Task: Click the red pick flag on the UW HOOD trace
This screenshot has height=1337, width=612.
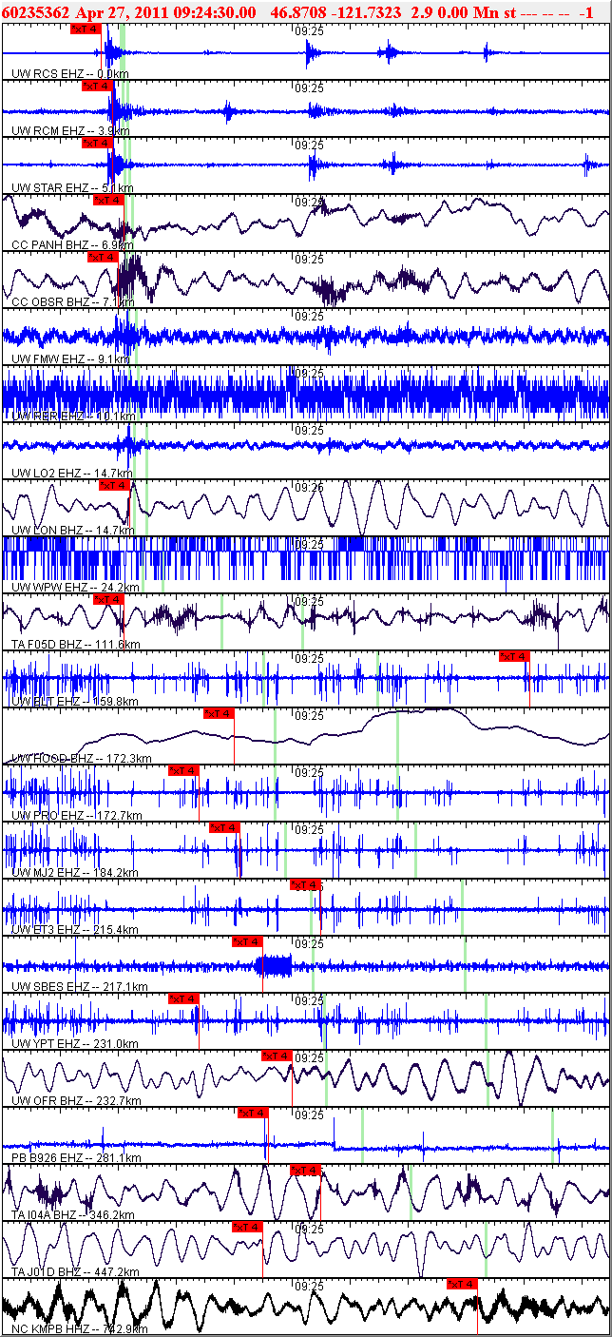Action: coord(220,713)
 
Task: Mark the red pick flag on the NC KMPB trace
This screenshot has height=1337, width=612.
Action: coord(462,1284)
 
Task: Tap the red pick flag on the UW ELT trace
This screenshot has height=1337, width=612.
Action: coord(514,656)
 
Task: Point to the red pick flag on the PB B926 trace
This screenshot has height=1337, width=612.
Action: coord(253,1113)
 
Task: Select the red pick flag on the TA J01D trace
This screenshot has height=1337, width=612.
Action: coord(247,1227)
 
